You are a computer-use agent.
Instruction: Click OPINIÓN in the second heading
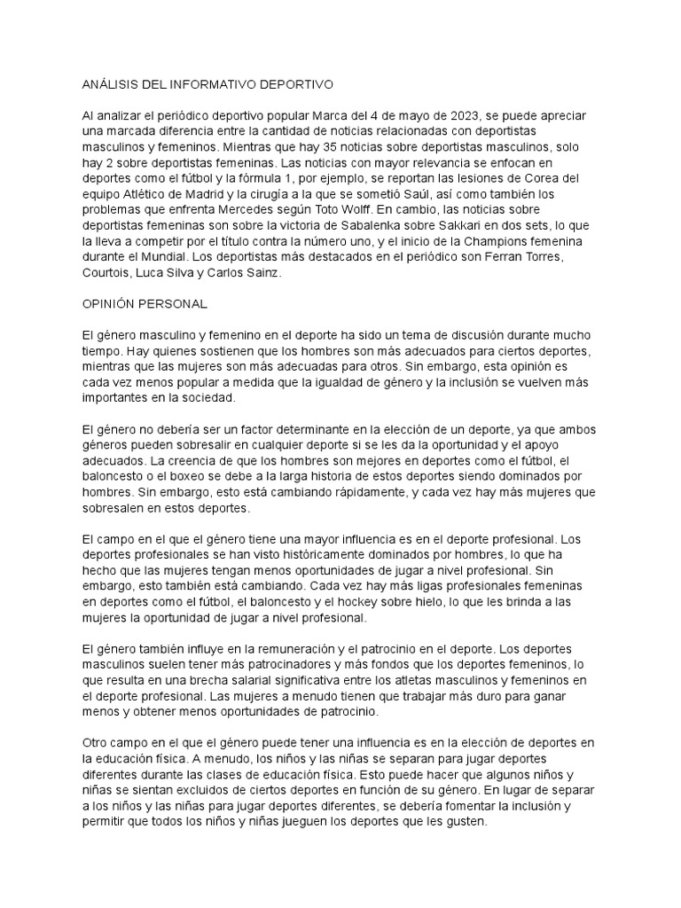[x=109, y=303]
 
